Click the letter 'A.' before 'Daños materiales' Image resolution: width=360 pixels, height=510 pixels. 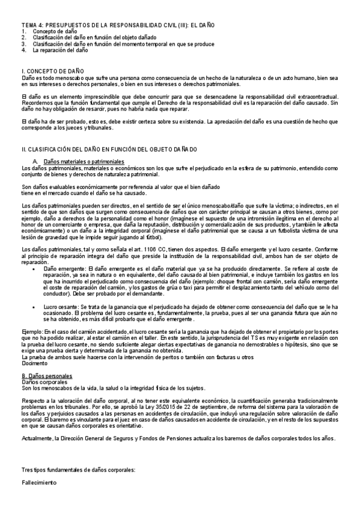(35, 162)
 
